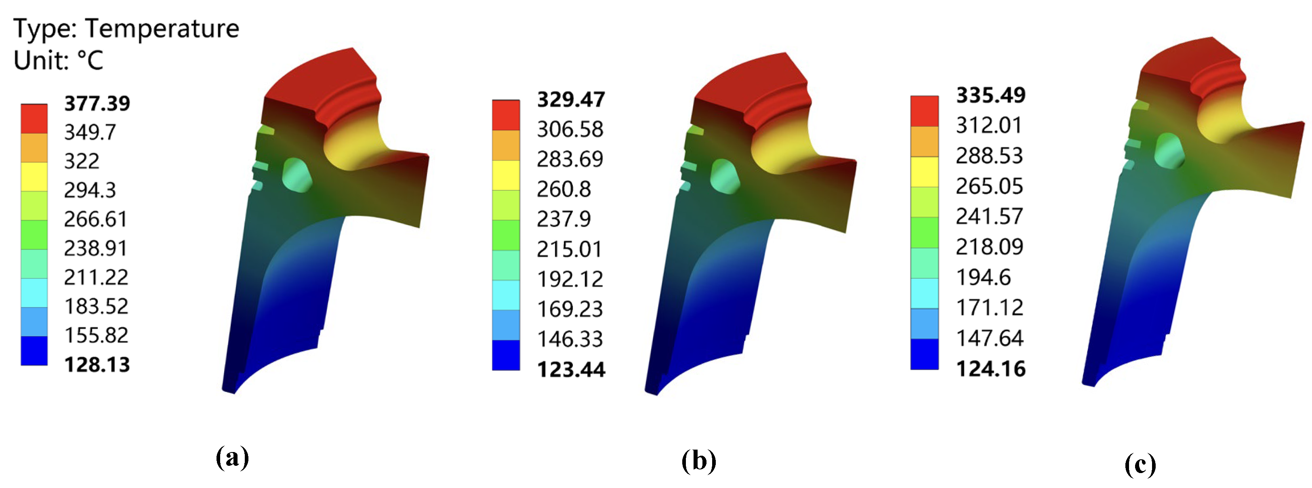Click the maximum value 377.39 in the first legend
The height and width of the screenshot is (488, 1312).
coord(97,103)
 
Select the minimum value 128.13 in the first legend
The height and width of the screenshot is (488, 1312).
coord(97,365)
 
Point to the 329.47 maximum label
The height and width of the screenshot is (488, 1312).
coord(571,99)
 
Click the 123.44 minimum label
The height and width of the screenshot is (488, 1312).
coord(571,369)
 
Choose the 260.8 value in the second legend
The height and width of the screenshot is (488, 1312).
coord(564,189)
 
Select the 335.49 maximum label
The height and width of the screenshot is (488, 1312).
coord(990,95)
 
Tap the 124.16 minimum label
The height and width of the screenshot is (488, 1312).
coord(990,368)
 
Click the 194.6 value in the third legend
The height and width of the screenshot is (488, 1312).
coord(983,278)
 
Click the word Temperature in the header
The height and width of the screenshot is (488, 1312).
coord(162,29)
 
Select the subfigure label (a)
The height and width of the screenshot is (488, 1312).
coord(232,457)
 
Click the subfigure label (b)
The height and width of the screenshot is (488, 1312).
coord(699,461)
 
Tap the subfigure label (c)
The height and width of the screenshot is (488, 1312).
coord(1140,464)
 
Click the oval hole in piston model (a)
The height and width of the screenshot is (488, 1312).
coord(297,175)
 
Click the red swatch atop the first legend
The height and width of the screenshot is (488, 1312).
coord(34,119)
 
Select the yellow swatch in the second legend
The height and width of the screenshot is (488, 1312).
coord(506,175)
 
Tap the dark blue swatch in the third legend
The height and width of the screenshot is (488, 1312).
coord(924,353)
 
